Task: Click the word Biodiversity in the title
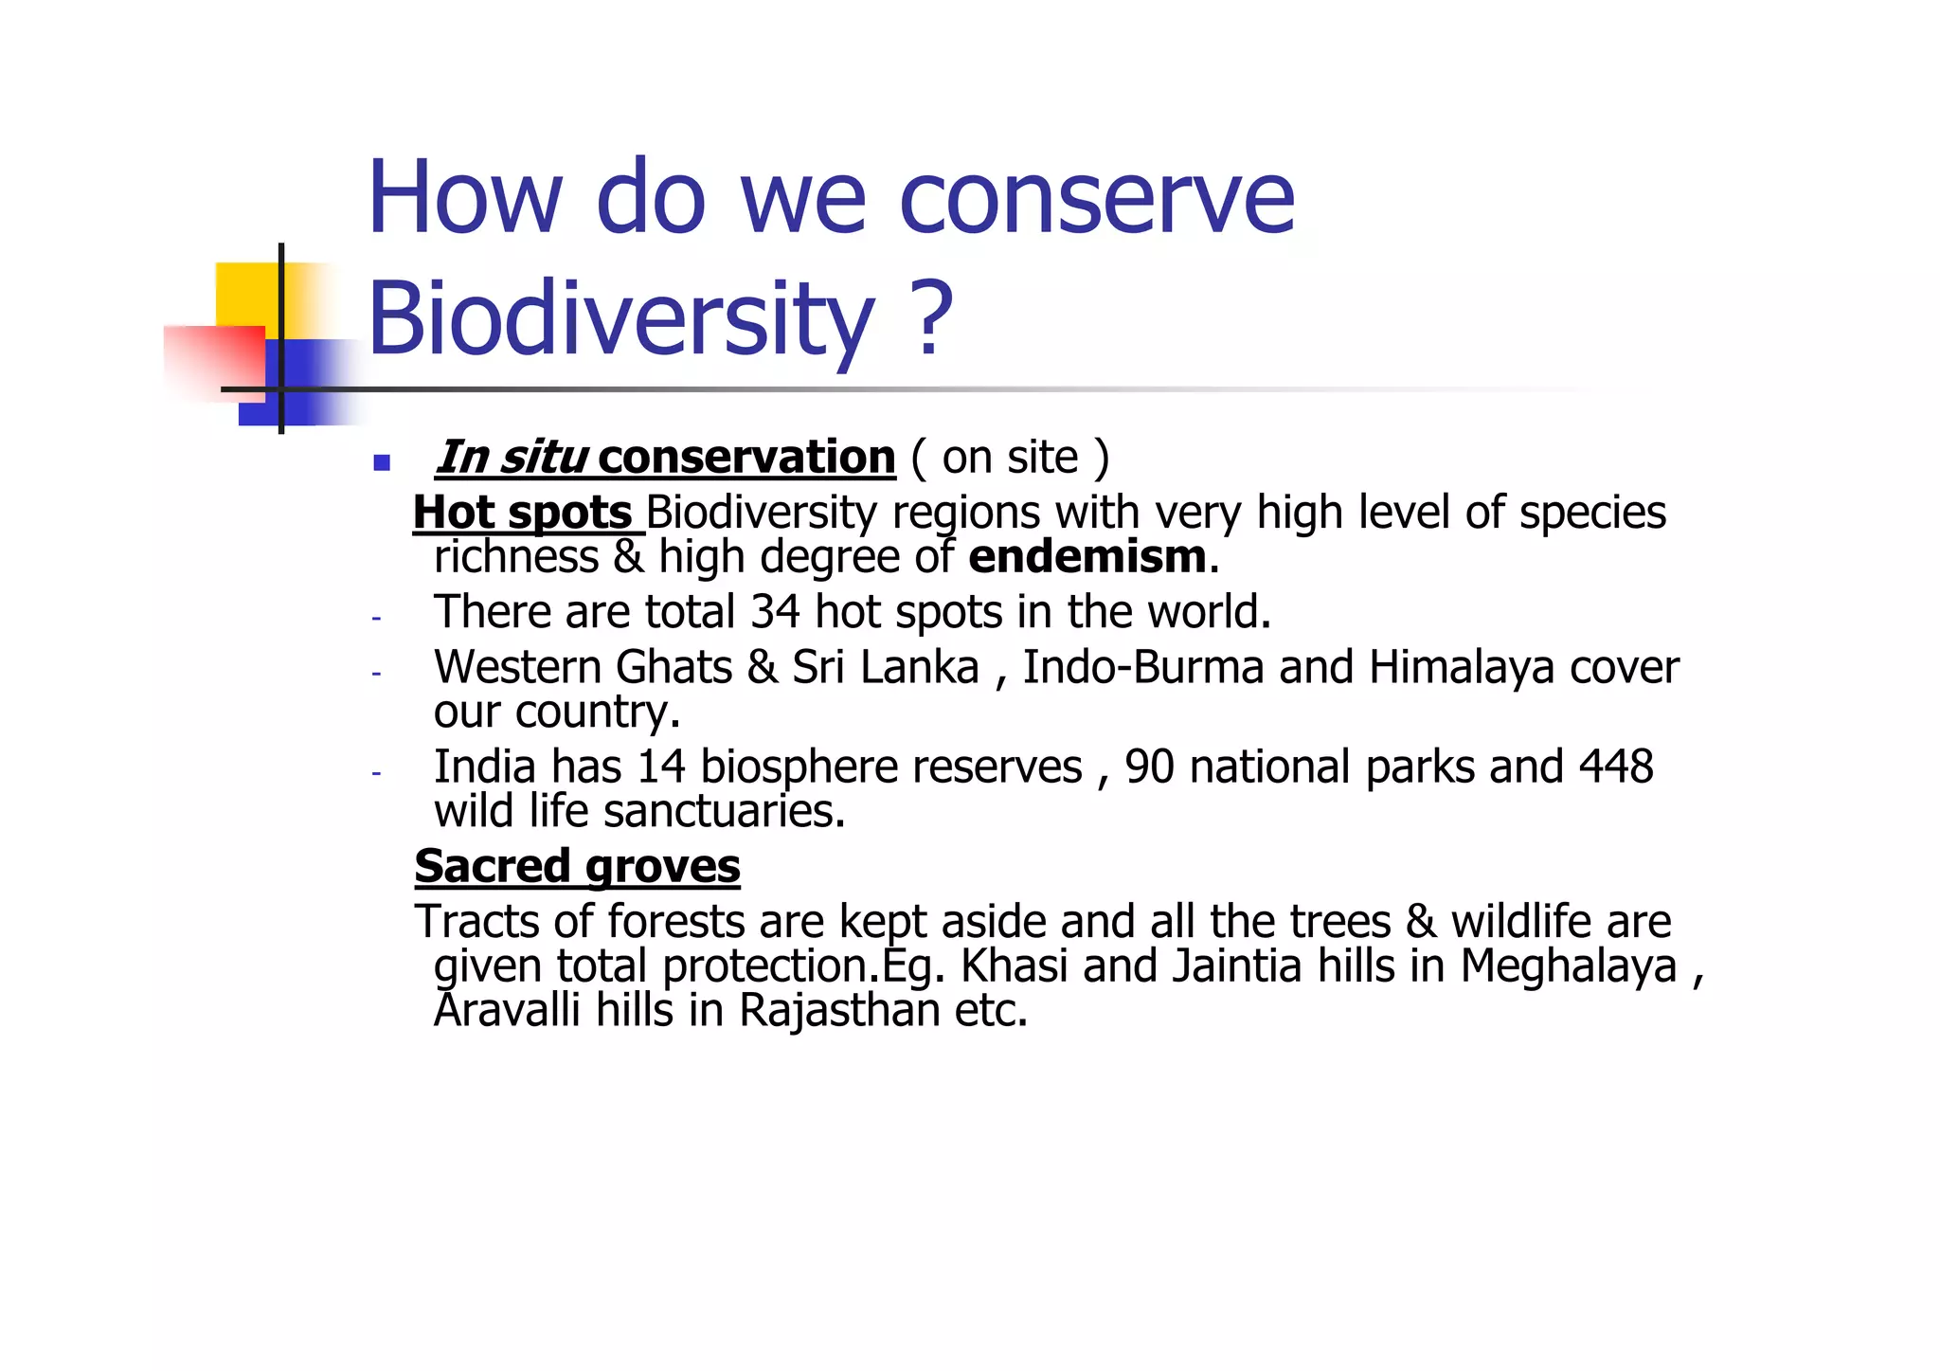click(x=620, y=318)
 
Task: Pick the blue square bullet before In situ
click(x=382, y=462)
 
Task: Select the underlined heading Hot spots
click(x=523, y=513)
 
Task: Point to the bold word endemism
click(x=1087, y=557)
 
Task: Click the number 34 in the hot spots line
click(x=775, y=612)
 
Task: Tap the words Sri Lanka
click(x=885, y=667)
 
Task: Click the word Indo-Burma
click(x=1142, y=667)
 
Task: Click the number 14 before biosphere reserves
click(x=660, y=767)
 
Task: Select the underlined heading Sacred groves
click(x=577, y=866)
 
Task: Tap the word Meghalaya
click(x=1568, y=966)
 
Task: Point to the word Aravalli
click(x=507, y=1010)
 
